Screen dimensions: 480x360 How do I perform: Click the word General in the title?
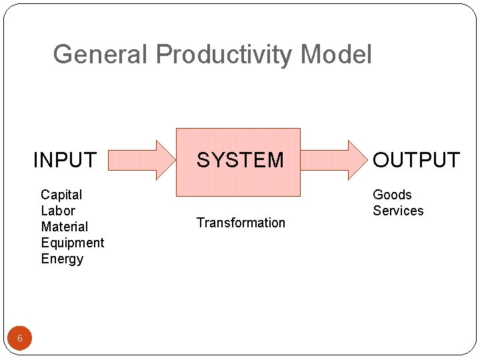(101, 55)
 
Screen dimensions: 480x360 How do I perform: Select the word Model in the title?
(337, 55)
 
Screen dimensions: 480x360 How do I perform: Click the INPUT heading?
(65, 160)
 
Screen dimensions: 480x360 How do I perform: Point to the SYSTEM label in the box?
(240, 160)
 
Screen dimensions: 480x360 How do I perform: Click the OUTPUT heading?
(416, 160)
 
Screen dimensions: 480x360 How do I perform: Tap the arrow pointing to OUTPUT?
(331, 160)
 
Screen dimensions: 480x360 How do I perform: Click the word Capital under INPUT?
(61, 195)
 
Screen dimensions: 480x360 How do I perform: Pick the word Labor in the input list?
(58, 211)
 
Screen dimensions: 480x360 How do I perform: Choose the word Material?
(64, 227)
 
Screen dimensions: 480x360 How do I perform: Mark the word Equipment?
(73, 243)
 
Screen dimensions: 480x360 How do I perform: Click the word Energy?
(62, 259)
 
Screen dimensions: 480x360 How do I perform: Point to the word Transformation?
(241, 223)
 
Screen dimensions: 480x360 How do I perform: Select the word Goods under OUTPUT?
(392, 195)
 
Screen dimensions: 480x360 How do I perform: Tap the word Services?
(398, 211)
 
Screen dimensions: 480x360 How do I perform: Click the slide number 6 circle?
(20, 339)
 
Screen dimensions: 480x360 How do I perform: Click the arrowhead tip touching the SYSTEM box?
(173, 160)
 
